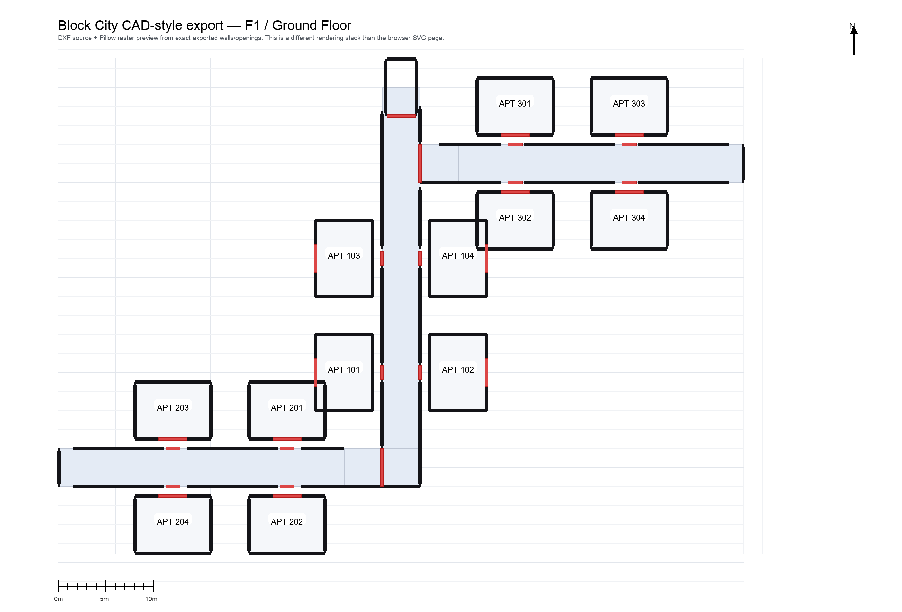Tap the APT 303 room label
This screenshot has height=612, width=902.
(x=629, y=104)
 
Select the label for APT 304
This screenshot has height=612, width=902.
(x=629, y=218)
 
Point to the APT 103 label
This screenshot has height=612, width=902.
(x=343, y=256)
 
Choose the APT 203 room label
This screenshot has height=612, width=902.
(x=172, y=408)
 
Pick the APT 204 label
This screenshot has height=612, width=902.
(x=172, y=522)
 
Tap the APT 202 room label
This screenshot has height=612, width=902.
(x=286, y=522)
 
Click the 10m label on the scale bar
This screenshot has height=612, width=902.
(x=151, y=599)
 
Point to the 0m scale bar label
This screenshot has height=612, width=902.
(x=59, y=599)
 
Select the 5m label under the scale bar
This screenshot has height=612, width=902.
(x=104, y=599)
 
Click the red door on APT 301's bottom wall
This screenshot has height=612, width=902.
(x=515, y=135)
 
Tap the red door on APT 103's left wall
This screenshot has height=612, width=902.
(x=316, y=258)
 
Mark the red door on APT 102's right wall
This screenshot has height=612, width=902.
(x=486, y=373)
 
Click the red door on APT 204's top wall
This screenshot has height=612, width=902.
(x=173, y=496)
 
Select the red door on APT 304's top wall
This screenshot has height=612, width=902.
(x=629, y=192)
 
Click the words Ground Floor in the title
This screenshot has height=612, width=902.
(x=312, y=26)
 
